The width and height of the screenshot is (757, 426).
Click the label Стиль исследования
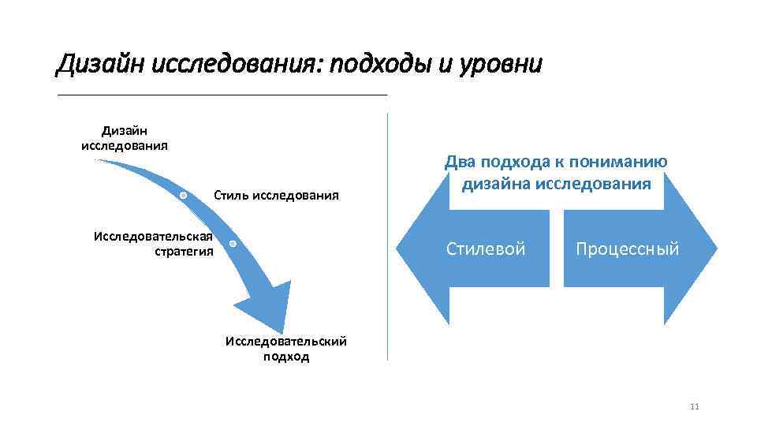(x=276, y=195)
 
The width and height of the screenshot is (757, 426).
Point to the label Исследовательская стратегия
(x=153, y=244)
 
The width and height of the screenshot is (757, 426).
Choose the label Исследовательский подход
(x=286, y=349)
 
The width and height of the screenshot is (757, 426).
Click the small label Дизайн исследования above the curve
(x=125, y=137)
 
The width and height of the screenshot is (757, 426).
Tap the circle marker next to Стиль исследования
(x=183, y=194)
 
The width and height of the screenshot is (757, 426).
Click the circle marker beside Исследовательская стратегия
(x=233, y=244)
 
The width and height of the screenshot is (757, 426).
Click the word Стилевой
(x=486, y=249)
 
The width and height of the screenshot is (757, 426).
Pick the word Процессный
(x=627, y=249)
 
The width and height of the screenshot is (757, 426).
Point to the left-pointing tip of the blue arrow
(x=401, y=249)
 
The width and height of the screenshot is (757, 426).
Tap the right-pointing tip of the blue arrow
(x=715, y=249)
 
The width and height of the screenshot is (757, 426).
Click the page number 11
(x=695, y=407)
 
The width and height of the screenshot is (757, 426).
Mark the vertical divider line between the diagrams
(x=388, y=237)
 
